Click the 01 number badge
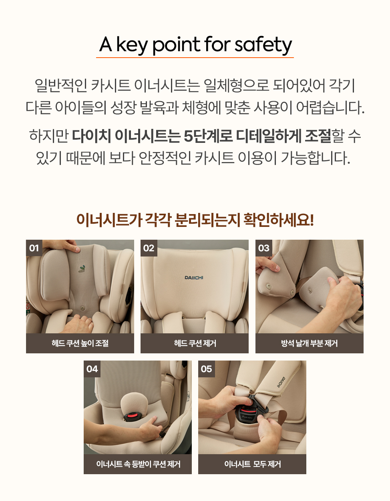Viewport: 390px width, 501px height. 34,248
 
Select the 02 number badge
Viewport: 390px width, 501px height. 149,248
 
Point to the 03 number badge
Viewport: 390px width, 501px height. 263,248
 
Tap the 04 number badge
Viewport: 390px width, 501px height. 92,369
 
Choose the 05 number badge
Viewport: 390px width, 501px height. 207,369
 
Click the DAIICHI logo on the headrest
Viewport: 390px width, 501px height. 194,278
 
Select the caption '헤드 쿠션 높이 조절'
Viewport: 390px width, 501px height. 80,343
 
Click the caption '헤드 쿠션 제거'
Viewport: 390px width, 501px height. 195,343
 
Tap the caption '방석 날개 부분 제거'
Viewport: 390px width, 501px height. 309,343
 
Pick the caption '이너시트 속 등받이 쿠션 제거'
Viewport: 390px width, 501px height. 138,464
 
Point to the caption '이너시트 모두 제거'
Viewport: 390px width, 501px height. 252,464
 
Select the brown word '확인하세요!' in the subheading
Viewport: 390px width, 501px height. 279,220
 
